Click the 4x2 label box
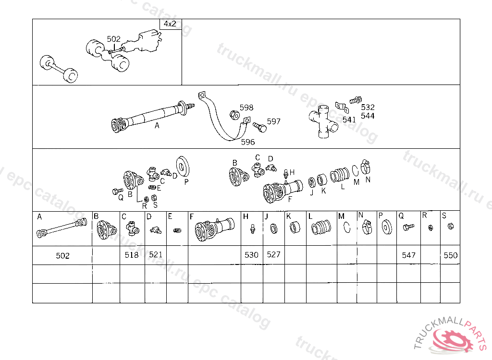[171, 24]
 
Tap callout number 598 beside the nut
[246, 108]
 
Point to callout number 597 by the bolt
[273, 121]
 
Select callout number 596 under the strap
[248, 142]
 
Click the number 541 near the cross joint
[349, 120]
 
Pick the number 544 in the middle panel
[368, 116]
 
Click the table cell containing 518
[132, 255]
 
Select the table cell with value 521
[156, 255]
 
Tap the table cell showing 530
[252, 255]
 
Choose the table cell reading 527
[273, 255]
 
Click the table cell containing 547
[408, 255]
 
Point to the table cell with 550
[450, 255]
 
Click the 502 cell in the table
[62, 255]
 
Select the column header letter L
[310, 216]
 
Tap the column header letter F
[192, 216]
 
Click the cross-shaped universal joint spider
[323, 122]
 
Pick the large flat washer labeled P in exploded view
[183, 166]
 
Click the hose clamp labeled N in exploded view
[365, 167]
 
